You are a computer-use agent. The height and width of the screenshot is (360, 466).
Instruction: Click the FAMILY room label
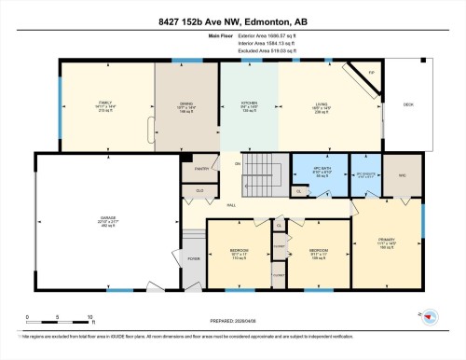[x=105, y=104]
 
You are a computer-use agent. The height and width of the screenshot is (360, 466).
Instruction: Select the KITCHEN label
[x=248, y=104]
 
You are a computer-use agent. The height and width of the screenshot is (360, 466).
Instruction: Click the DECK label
[x=408, y=104]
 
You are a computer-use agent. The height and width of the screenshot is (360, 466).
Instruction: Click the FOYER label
[x=194, y=260]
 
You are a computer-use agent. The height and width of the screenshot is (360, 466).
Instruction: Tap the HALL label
[x=229, y=205]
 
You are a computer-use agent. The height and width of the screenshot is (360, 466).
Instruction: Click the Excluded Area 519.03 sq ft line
[x=233, y=51]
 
